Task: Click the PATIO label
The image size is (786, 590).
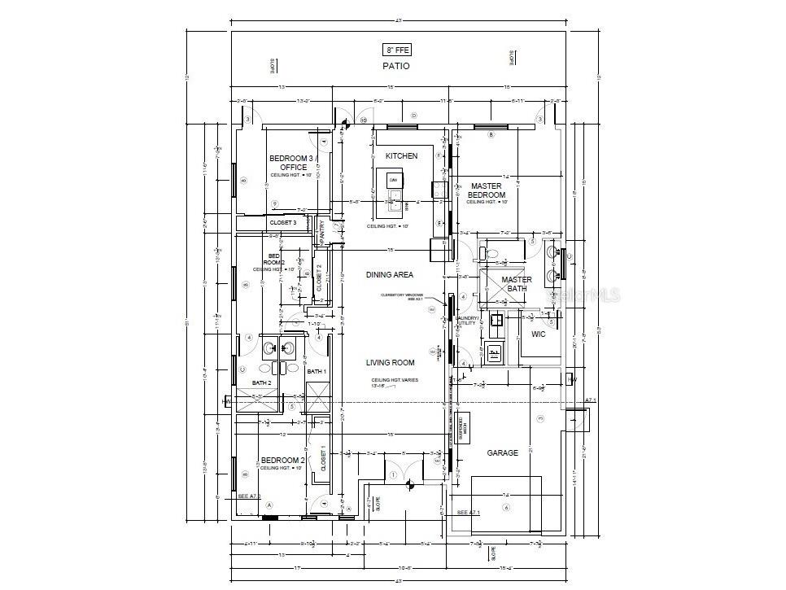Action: click(x=396, y=66)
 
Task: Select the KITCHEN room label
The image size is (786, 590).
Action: click(x=401, y=155)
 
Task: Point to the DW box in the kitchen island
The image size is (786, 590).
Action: click(x=394, y=180)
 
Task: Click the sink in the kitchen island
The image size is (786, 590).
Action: click(x=394, y=195)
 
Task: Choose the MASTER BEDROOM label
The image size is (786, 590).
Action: click(x=487, y=190)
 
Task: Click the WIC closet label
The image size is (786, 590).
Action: click(x=539, y=334)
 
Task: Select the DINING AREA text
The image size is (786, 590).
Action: click(x=390, y=275)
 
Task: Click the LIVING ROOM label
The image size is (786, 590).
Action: click(x=390, y=363)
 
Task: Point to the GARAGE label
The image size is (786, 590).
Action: click(x=502, y=452)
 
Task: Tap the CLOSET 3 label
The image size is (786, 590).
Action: click(x=283, y=222)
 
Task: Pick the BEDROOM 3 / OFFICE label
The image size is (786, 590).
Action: click(x=290, y=163)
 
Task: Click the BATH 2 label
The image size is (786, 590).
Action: click(x=260, y=383)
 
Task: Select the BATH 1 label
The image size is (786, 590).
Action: click(x=316, y=372)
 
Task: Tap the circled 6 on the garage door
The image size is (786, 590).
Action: click(x=505, y=508)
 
